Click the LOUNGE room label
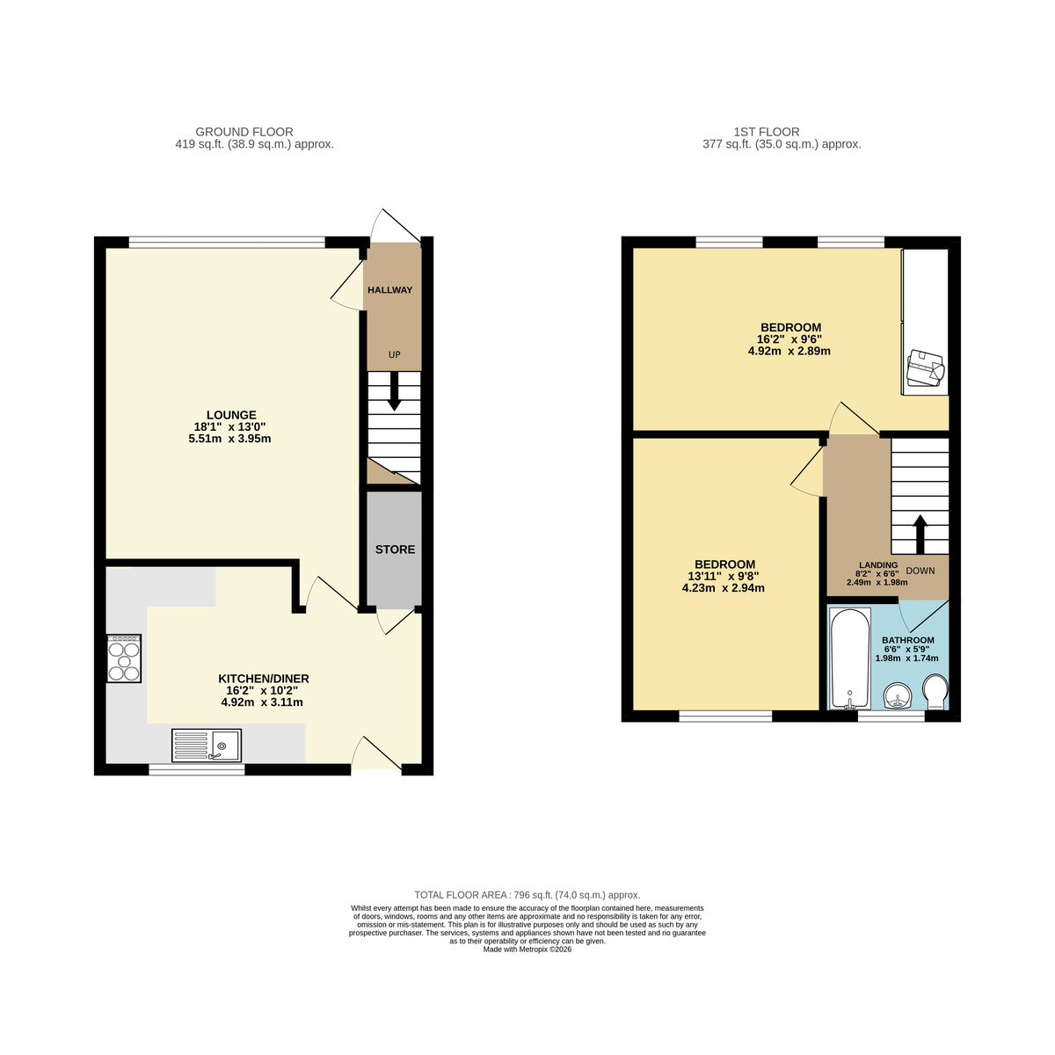tap(231, 415)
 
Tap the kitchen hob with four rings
tap(124, 658)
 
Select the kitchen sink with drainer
tap(207, 746)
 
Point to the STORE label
tap(395, 549)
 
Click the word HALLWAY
tap(389, 290)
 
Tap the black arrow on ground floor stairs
tap(394, 391)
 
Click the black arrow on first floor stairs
tap(920, 535)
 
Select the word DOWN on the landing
tap(920, 571)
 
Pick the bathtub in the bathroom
tap(850, 658)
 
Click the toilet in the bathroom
tap(935, 692)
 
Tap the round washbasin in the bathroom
tap(898, 695)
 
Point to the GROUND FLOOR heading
tap(244, 132)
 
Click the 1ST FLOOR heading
tap(767, 132)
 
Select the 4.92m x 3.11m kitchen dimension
tap(262, 702)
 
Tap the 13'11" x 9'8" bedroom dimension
tap(724, 576)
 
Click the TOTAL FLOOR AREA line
tap(527, 895)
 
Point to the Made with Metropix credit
tap(527, 949)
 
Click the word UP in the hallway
tap(394, 355)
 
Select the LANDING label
tap(878, 565)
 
